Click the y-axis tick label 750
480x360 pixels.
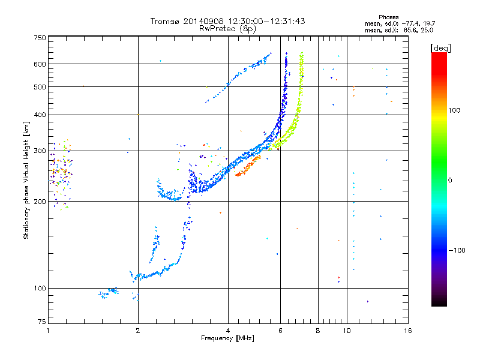point(40,37)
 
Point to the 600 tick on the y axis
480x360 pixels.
point(40,64)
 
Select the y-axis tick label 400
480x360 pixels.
point(40,115)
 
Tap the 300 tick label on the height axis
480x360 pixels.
point(40,151)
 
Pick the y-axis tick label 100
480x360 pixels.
point(40,288)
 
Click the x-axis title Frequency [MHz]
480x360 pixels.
point(227,339)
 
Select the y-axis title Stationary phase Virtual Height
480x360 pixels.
point(26,181)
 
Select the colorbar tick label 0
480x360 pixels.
point(451,180)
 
